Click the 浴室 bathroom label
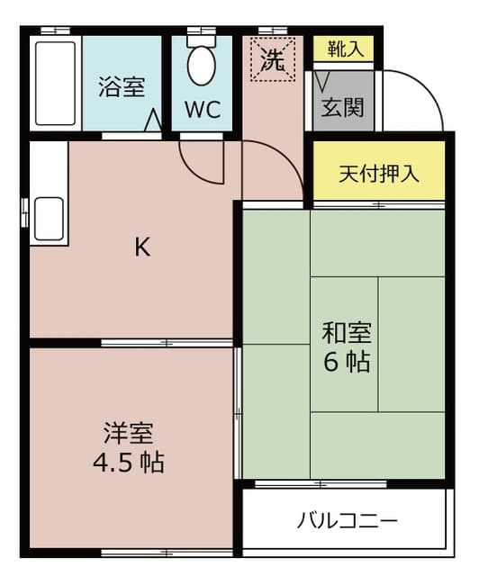click(x=122, y=88)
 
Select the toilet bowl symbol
click(x=202, y=65)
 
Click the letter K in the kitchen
click(x=142, y=247)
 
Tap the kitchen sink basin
click(x=48, y=220)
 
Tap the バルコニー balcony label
click(x=348, y=520)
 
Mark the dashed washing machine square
click(x=273, y=58)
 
